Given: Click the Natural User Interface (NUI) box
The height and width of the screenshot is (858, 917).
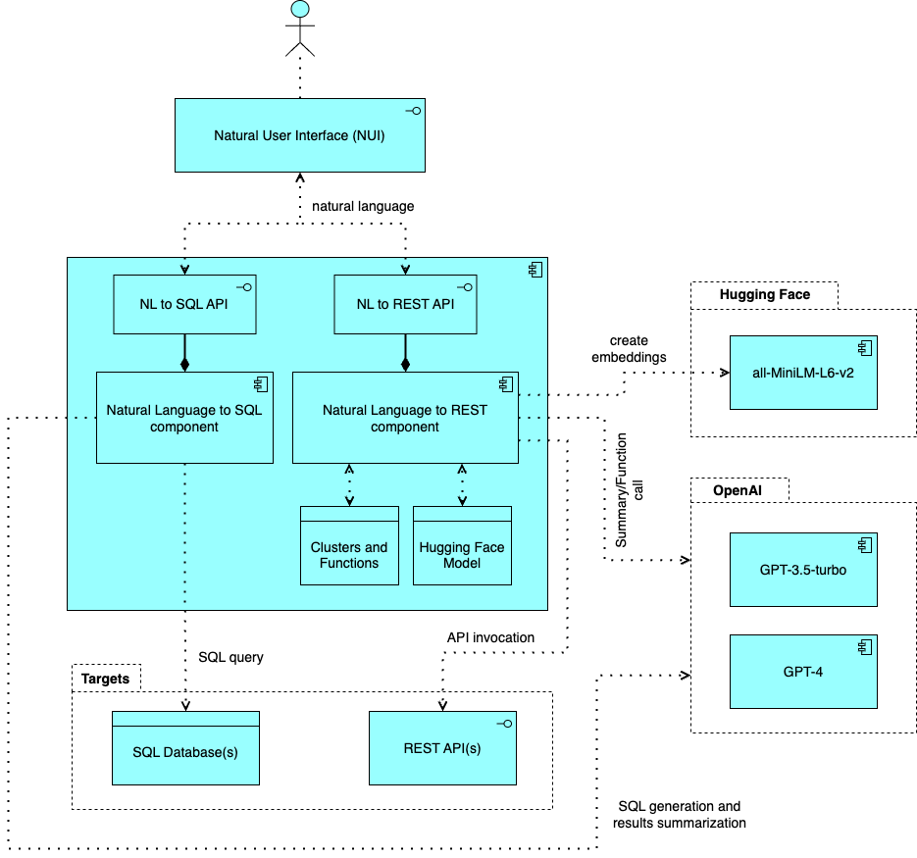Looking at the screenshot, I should (x=299, y=135).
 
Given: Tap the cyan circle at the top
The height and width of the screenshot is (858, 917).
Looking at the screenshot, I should (x=300, y=10).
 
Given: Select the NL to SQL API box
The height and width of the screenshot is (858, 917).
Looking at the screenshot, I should (x=184, y=304).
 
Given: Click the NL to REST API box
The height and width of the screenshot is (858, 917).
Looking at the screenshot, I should (x=405, y=304).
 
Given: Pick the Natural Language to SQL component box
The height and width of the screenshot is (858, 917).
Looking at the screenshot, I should (x=184, y=418).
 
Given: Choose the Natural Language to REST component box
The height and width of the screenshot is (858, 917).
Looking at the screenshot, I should (x=405, y=418).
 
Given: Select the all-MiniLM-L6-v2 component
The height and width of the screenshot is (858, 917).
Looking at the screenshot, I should (x=802, y=373).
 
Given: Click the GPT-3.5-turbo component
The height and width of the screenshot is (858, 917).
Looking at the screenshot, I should (x=802, y=570).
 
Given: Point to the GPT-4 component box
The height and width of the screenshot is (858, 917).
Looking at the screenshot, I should (x=802, y=672).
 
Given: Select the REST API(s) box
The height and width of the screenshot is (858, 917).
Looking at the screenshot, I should (x=442, y=748).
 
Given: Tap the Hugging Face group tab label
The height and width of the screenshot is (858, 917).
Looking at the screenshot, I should (x=764, y=294).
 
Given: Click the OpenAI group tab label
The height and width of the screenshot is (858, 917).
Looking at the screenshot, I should (x=739, y=490).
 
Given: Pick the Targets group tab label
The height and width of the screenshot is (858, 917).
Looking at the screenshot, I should (x=106, y=679).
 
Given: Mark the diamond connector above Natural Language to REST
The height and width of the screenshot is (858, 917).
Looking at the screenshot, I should (x=405, y=365).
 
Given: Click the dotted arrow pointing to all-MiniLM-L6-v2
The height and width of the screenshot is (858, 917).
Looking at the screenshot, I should (x=712, y=373).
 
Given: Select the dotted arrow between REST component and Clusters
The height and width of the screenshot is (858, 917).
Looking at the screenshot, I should (x=349, y=485).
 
